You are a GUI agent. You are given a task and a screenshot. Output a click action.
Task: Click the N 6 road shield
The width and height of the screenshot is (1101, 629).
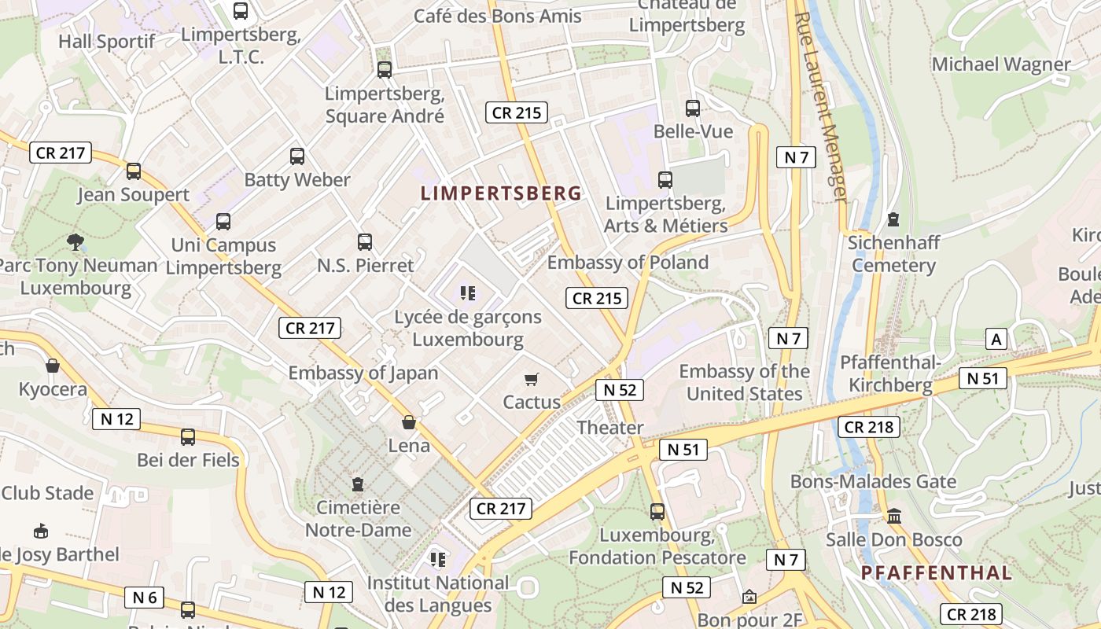click(x=145, y=598)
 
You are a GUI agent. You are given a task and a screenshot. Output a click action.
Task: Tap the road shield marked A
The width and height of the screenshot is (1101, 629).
click(x=996, y=339)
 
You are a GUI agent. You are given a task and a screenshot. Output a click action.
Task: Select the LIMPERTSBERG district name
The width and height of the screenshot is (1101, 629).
click(x=501, y=193)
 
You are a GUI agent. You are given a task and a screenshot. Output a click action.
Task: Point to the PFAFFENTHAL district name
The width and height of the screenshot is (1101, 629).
click(x=936, y=572)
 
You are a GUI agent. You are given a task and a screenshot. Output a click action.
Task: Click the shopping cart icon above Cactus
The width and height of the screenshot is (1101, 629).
click(x=532, y=380)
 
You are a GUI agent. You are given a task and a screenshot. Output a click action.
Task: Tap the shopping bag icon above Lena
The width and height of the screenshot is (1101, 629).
click(x=409, y=423)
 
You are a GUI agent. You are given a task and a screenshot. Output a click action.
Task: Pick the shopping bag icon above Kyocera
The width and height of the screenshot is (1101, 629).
click(x=53, y=366)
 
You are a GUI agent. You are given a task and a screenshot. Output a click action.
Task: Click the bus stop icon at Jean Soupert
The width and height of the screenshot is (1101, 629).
click(x=134, y=171)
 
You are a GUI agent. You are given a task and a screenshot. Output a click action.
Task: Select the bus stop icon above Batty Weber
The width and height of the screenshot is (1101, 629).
click(x=297, y=156)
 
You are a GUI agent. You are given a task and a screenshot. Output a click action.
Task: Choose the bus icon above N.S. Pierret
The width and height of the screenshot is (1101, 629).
click(x=365, y=241)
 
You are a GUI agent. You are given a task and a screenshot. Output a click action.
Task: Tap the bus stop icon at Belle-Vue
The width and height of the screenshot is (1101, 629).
click(x=693, y=109)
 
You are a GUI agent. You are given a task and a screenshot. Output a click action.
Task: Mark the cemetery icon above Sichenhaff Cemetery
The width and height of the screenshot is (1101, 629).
click(x=893, y=219)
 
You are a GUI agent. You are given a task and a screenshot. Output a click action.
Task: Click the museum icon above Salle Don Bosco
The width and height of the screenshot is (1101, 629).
click(x=894, y=517)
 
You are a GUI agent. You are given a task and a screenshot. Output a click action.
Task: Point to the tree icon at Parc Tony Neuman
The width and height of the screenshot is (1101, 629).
click(x=75, y=241)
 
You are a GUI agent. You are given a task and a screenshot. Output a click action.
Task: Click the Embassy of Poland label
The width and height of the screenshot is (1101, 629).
click(x=628, y=262)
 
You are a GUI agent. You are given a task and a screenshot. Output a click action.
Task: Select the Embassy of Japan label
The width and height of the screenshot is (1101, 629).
click(x=363, y=373)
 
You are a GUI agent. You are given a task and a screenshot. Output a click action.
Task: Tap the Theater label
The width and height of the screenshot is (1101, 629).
click(x=610, y=428)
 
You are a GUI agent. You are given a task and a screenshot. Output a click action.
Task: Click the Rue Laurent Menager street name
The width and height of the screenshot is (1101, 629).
click(x=823, y=106)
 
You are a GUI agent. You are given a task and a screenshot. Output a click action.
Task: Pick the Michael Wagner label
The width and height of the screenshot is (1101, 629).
click(x=1001, y=64)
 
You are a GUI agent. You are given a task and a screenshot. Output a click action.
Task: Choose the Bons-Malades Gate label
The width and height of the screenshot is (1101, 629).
click(x=873, y=481)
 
